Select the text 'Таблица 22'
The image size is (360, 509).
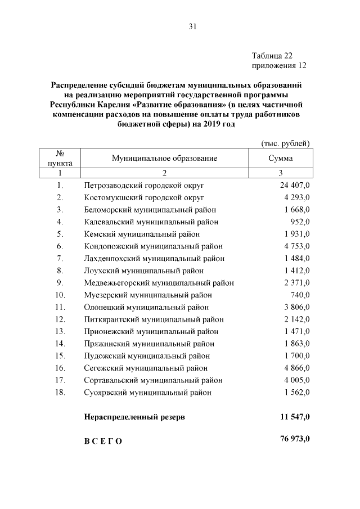pyautogui.click(x=272, y=56)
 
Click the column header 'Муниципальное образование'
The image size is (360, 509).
pyautogui.click(x=164, y=159)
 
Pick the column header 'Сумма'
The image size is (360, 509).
pyautogui.click(x=281, y=159)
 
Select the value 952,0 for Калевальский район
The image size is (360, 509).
pyautogui.click(x=299, y=222)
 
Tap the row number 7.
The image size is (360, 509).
pyautogui.click(x=60, y=258)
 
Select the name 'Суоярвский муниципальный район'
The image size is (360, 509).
pyautogui.click(x=148, y=392)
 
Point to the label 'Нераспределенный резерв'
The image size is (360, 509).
pyautogui.click(x=134, y=417)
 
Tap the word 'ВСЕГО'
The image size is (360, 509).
pyautogui.click(x=103, y=441)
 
